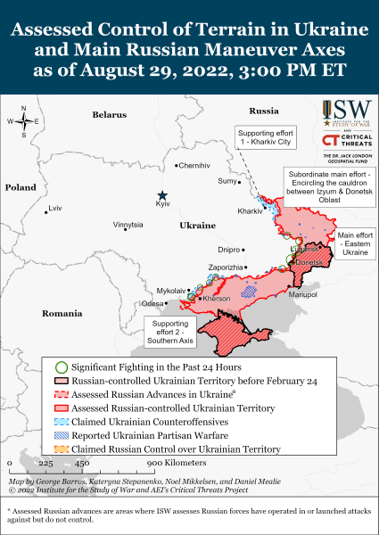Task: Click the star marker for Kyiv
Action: pos(162,195)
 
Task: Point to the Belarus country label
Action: pos(110,115)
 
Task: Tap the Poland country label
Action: pos(20,188)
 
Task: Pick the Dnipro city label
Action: pos(229,250)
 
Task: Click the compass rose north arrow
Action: pos(24,111)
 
